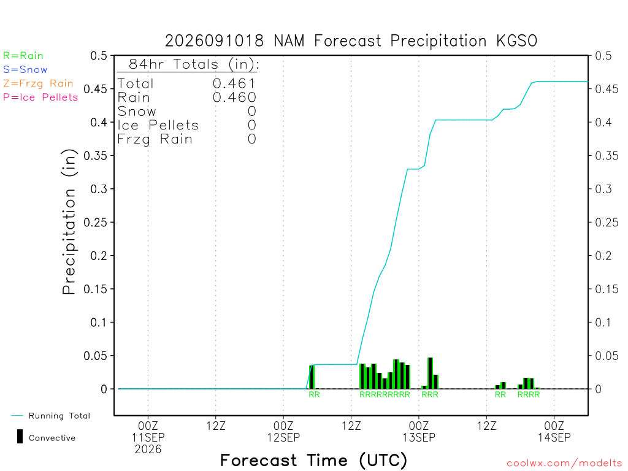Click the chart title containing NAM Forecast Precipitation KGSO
point(351,41)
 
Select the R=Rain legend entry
point(23,56)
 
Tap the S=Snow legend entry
point(25,70)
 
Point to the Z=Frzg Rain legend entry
point(38,83)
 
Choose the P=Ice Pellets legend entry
point(40,98)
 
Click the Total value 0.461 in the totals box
point(234,83)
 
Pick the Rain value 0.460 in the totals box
point(234,98)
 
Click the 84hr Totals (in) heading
point(194,64)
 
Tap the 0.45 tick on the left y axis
point(95,89)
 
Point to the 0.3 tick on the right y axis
point(603,189)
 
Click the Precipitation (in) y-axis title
point(69,222)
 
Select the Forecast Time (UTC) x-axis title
point(313,461)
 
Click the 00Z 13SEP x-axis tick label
point(419,431)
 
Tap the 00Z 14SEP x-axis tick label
point(554,431)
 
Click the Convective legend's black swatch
point(20,437)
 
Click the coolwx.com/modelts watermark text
point(564,464)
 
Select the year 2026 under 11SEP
point(148,450)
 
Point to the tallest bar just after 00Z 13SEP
point(430,373)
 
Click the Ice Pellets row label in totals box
point(158,125)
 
